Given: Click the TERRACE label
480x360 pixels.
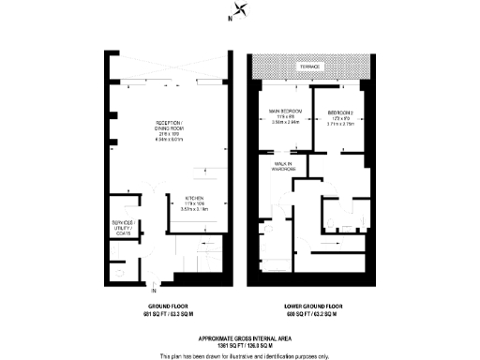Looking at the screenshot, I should tap(308, 68).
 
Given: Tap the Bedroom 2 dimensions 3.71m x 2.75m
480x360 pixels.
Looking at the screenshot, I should tap(342, 122).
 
